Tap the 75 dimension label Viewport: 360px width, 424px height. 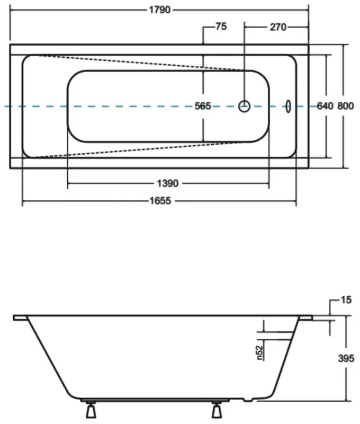coord(221,26)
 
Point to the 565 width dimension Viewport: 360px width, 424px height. coord(203,106)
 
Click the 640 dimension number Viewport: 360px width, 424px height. coord(325,106)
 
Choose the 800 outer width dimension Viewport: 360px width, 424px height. coord(345,106)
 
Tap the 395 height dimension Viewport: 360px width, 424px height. coord(346,358)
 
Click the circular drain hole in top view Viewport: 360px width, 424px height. coord(244,106)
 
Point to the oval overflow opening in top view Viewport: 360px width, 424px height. coord(289,106)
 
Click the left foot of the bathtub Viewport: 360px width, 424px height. coord(91,411)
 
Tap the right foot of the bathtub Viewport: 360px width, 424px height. coord(217,411)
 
